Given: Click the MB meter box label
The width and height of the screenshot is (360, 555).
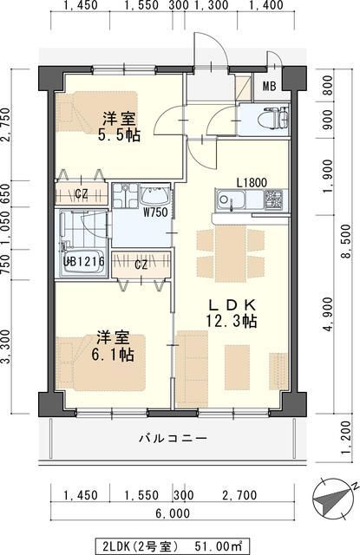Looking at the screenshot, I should coord(269,86).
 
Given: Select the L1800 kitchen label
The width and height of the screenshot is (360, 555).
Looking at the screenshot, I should coord(253,182).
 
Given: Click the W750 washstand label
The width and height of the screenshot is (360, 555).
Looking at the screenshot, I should coord(155,212).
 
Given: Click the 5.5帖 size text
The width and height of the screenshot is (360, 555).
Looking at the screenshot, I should coord(119,135).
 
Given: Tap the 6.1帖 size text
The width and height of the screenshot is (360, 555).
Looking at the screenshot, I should coord(114,355).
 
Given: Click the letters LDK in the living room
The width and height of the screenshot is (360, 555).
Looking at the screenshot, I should coord(231,304).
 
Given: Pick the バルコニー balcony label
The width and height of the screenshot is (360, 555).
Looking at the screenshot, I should coord(173,438).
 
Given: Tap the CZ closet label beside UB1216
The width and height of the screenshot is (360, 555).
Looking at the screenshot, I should coord(140,264).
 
